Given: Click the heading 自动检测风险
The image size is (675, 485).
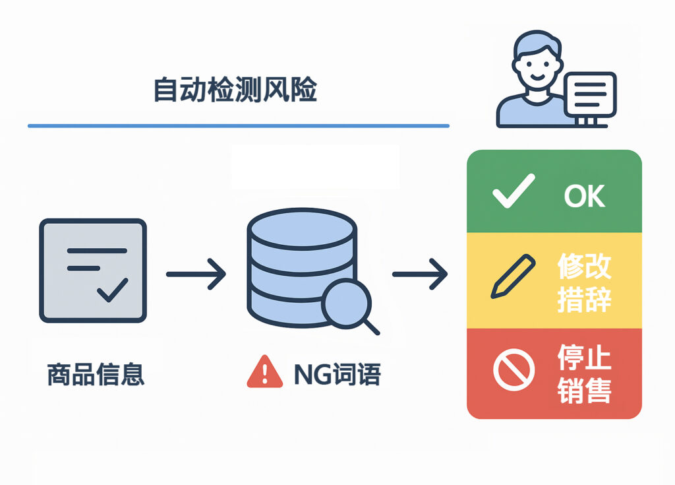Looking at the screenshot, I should (x=235, y=90).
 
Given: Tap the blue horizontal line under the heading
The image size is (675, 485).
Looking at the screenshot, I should (x=238, y=125).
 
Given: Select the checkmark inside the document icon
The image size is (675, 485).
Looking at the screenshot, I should (x=113, y=289).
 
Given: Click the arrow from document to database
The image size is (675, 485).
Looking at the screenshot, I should (x=196, y=273).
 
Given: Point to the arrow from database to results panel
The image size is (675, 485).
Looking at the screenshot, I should (x=420, y=273).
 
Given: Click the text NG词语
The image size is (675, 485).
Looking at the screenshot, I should (x=337, y=374).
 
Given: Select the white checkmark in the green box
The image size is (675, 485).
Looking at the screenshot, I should (x=513, y=191).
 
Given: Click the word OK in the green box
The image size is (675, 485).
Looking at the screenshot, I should (x=584, y=196).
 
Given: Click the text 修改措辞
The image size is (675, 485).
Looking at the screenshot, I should (x=584, y=282).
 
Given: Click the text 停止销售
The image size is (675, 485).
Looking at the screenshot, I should (x=584, y=373).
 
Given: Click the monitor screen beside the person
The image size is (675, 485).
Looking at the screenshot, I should (x=590, y=94).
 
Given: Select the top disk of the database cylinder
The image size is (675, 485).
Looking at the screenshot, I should (x=302, y=224).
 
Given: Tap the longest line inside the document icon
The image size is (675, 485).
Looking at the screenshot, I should (x=97, y=251).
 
